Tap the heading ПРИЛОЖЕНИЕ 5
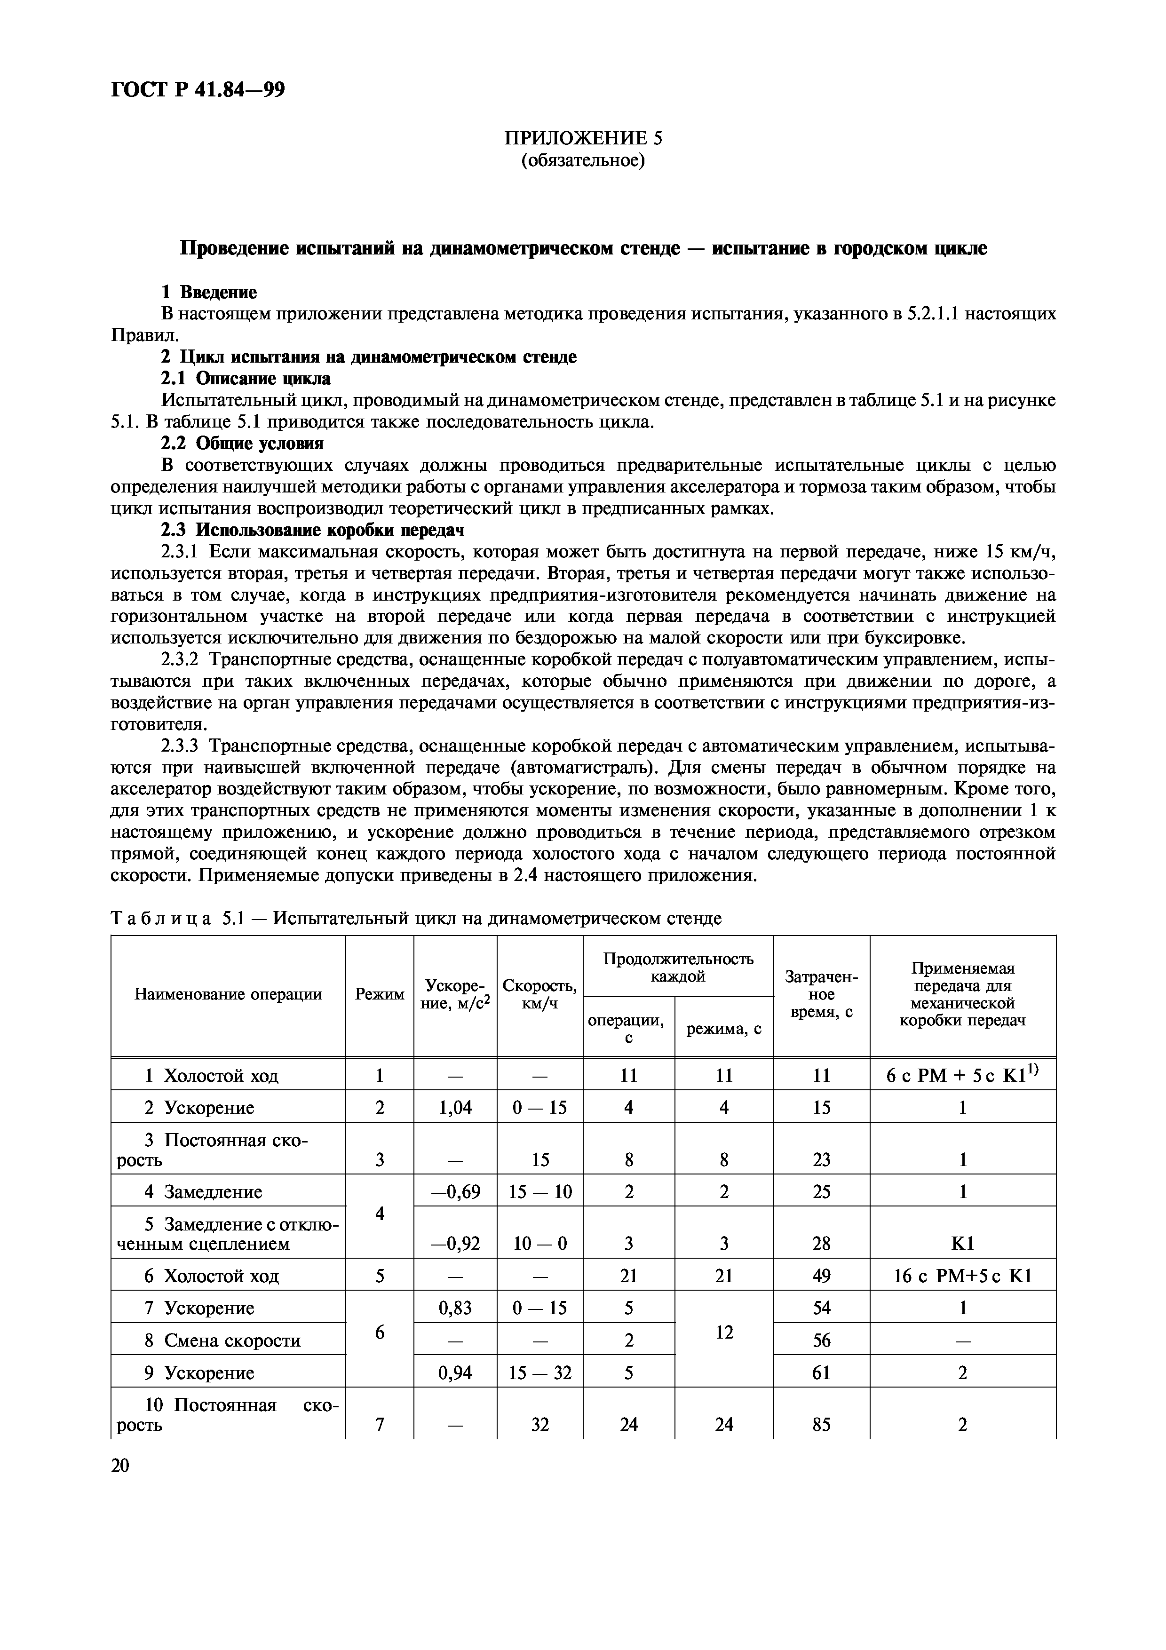pos(583,138)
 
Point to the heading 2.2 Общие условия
pos(241,444)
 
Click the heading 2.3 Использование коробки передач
pos(312,531)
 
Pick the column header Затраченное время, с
pos(821,995)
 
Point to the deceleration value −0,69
pos(455,1192)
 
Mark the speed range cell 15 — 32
pos(539,1373)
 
